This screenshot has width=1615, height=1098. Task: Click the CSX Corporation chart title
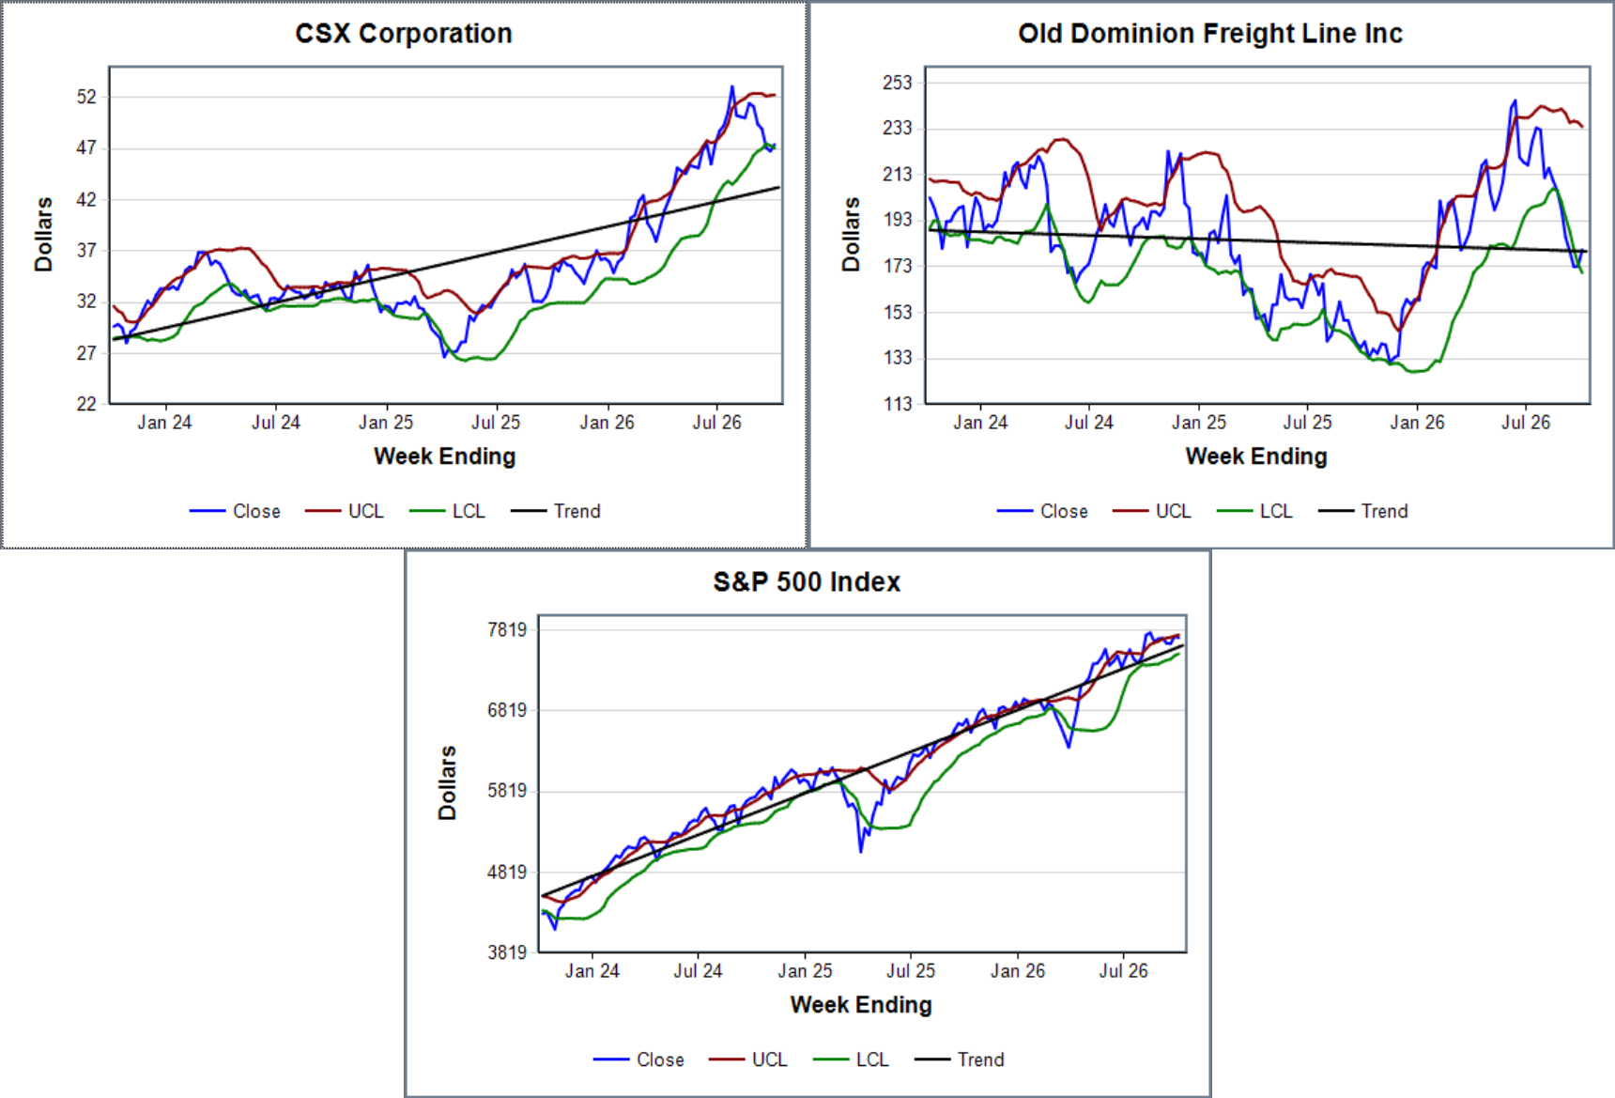(404, 34)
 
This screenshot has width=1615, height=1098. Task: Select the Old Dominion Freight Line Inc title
(1210, 34)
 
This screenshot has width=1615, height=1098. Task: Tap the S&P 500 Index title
(807, 582)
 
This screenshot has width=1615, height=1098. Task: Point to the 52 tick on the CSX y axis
(86, 97)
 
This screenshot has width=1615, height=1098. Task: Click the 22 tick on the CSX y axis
(86, 404)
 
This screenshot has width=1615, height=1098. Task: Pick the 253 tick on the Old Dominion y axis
(898, 83)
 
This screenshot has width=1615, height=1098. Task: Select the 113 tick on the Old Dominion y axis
(898, 404)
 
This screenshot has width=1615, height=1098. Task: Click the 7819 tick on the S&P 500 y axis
(507, 629)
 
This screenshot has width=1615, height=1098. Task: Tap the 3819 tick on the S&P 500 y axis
(507, 952)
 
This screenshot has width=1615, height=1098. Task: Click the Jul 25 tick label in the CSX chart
(496, 423)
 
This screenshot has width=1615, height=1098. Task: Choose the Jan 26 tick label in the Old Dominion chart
(1417, 423)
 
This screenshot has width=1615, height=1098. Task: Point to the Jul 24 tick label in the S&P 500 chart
(698, 971)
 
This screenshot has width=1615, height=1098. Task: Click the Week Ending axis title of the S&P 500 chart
(861, 1005)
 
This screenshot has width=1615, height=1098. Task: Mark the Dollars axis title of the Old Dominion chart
(851, 235)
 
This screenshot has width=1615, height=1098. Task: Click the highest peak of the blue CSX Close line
(732, 86)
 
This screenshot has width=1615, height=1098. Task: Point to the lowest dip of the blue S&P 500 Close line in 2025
(861, 852)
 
